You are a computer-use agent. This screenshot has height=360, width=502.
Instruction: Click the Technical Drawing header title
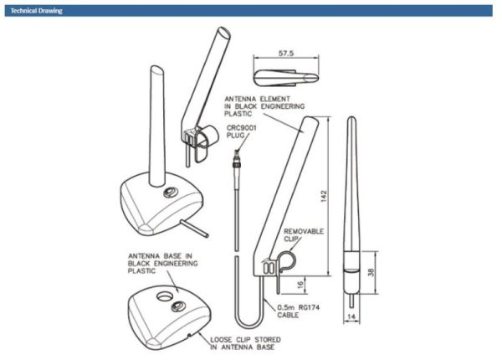click(x=36, y=11)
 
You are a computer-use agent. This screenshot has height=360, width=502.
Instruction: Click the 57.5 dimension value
click(x=286, y=54)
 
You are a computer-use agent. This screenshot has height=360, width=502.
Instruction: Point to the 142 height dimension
click(x=324, y=196)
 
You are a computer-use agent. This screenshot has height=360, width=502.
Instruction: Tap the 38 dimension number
click(x=371, y=273)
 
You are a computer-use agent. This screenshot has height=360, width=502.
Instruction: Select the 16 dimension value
click(x=300, y=285)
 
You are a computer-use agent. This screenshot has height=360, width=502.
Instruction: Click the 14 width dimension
click(x=351, y=316)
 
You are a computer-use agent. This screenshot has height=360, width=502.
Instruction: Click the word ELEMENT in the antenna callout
click(x=274, y=99)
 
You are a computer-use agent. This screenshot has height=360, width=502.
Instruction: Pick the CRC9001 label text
click(x=242, y=128)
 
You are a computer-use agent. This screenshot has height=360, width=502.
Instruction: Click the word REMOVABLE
click(x=304, y=231)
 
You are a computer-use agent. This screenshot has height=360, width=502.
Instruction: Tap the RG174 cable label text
click(x=309, y=308)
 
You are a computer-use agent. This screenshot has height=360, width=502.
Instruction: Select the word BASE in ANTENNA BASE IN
click(x=172, y=256)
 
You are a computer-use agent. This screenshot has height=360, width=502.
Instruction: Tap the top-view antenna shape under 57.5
click(x=286, y=78)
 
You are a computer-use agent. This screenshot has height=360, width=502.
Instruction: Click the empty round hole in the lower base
click(x=164, y=297)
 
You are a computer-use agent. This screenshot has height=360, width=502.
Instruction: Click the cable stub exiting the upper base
click(x=194, y=229)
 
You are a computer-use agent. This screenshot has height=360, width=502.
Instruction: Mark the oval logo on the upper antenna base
click(x=170, y=193)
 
